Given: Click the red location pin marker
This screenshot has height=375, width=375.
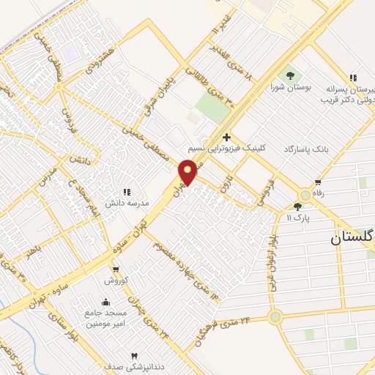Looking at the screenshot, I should coord(188,171).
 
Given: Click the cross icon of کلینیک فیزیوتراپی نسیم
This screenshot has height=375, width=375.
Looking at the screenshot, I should coord(227,137).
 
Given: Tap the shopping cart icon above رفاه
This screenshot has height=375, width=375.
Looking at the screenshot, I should coord(318,182).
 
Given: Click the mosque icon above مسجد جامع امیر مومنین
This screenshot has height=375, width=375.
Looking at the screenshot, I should coord(106,302).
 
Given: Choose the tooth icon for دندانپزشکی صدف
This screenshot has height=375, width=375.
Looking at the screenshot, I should coord(133,354).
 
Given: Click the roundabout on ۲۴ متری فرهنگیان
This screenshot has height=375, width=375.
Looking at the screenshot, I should coord(275,317).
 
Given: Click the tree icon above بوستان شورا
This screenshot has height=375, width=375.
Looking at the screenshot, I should coord(291,75).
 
